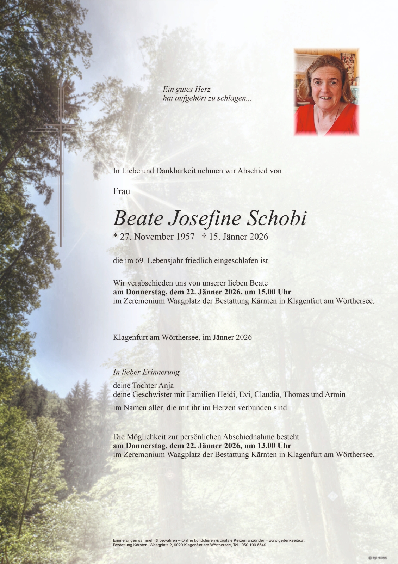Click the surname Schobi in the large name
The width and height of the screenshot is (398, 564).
(x=276, y=219)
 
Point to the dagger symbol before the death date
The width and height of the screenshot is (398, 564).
(x=204, y=237)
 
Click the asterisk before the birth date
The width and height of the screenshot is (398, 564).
(x=115, y=236)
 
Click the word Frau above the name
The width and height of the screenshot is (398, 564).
(x=122, y=191)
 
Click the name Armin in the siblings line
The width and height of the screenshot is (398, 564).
(x=335, y=394)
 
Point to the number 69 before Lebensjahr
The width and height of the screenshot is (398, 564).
(x=139, y=261)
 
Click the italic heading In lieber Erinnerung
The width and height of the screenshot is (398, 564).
(x=146, y=372)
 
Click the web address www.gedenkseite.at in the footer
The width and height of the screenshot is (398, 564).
(x=286, y=540)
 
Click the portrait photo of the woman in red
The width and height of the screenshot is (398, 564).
(x=326, y=92)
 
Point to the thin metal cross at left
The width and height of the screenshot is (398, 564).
(x=61, y=162)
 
